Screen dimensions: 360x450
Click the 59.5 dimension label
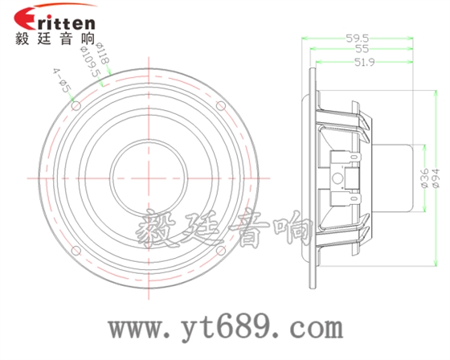358,38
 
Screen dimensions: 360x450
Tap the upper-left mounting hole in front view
75,104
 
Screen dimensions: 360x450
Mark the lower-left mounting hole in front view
75,250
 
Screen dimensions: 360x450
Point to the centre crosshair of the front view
148,177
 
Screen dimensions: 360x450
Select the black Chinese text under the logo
55,37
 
